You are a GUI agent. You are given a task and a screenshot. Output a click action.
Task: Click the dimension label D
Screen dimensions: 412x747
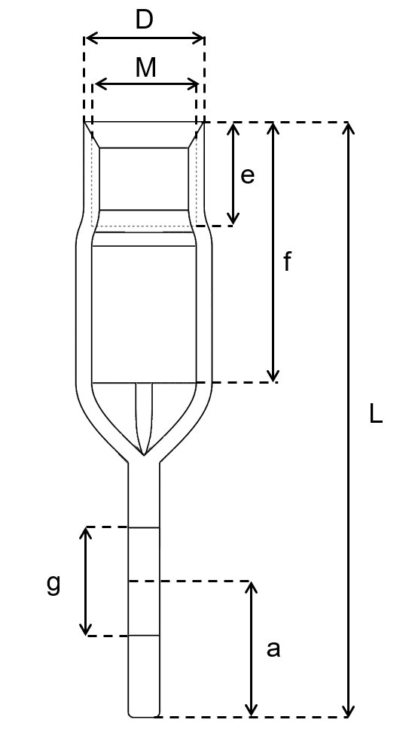coord(145,20)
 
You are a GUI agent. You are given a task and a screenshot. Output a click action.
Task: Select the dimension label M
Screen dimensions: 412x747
coord(146,68)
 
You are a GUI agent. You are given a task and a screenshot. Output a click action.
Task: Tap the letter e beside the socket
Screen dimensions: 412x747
coord(248,175)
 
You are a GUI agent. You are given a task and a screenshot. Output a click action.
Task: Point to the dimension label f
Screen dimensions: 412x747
coord(287,262)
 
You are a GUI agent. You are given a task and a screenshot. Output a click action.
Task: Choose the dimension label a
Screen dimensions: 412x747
coord(273,649)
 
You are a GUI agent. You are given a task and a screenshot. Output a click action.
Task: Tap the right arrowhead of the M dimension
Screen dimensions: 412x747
coord(193,85)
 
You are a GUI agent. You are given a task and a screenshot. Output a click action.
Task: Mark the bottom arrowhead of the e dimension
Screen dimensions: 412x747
coord(233,219)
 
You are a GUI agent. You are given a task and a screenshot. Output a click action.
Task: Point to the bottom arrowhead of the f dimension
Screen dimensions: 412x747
coord(273,375)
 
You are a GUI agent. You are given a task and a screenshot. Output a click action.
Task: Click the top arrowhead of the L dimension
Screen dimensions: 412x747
coord(349,129)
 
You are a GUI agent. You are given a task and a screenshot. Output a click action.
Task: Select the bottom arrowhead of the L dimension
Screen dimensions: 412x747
coord(349,710)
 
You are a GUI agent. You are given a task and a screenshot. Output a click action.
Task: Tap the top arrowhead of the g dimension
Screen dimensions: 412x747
coord(85,533)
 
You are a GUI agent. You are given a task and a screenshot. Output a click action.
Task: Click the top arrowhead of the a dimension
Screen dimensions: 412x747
coord(252,588)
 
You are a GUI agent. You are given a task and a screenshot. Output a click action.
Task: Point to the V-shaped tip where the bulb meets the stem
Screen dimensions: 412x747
coord(144,455)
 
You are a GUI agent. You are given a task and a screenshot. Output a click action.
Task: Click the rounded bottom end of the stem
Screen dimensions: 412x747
coord(144,715)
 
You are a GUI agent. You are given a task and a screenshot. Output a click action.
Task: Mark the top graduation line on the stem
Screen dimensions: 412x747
coord(144,527)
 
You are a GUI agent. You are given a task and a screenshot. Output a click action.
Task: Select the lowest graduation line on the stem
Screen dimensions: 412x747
coord(144,636)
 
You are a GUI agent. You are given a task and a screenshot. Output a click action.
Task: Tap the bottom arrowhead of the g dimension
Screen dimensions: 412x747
coord(85,629)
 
